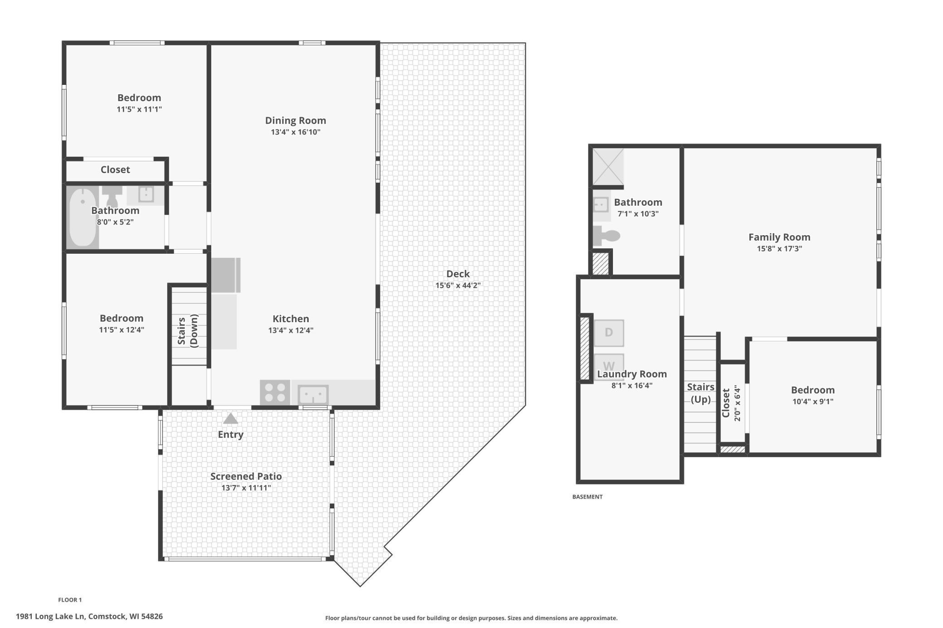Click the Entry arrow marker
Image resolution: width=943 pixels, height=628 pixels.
[x=230, y=418]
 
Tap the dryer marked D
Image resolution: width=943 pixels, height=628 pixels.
[x=609, y=333]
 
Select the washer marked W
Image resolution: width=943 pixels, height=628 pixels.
[x=609, y=366]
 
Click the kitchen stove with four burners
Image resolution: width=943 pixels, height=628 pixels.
[x=275, y=392]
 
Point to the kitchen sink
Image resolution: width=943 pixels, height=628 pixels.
[x=313, y=395]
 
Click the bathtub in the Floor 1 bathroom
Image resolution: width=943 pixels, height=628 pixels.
[x=82, y=217]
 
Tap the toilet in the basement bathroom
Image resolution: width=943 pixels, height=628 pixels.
[x=606, y=236]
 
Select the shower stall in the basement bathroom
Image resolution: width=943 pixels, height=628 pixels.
[x=608, y=167]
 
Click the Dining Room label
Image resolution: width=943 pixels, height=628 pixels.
[x=296, y=121]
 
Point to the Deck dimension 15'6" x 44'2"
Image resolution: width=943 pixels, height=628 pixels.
[x=458, y=285]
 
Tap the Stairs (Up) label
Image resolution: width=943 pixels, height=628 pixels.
[x=700, y=393]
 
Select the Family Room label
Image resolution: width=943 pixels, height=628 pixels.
[x=779, y=237]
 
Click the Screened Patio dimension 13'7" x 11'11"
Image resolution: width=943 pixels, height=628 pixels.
[x=246, y=488]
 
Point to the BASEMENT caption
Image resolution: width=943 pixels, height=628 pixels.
[x=588, y=497]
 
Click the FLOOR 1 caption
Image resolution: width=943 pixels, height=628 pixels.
[x=70, y=600]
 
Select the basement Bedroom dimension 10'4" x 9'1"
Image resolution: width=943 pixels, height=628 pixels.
[x=813, y=401]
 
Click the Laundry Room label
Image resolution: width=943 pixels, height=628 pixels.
[x=632, y=374]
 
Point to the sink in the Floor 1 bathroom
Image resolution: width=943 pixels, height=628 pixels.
[x=146, y=194]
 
